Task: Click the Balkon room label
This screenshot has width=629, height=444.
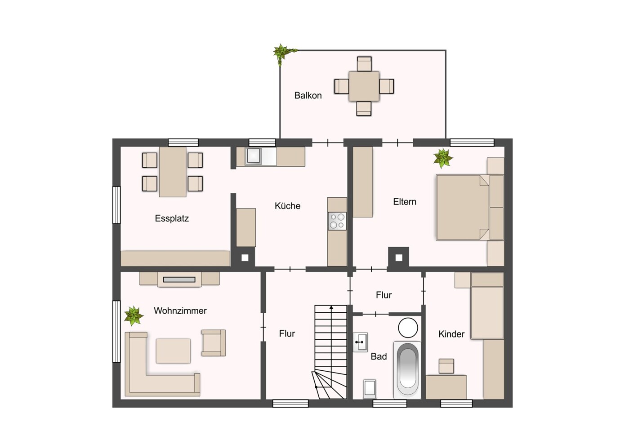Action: point(308,95)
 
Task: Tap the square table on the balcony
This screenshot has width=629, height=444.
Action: point(364,86)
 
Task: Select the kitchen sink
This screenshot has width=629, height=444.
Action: point(254,156)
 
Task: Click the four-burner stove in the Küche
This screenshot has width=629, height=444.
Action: point(337,221)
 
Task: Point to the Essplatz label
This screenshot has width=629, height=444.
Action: point(172,218)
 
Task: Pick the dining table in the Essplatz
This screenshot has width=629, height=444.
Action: point(173,172)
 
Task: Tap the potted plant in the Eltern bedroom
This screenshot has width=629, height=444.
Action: point(443,158)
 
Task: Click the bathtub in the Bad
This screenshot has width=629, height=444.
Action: point(407,370)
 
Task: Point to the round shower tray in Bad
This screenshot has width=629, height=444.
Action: point(408,328)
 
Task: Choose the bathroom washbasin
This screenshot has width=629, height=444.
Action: point(360,342)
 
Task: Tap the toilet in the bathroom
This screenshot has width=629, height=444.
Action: point(370,389)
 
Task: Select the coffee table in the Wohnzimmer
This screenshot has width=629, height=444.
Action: point(173,351)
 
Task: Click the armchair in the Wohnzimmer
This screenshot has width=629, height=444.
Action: point(214,343)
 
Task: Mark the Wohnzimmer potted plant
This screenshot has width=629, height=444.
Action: point(134,316)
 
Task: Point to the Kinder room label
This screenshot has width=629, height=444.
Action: point(451,334)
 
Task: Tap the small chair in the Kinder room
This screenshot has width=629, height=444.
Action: point(446,366)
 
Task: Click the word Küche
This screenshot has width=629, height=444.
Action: point(288,206)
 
